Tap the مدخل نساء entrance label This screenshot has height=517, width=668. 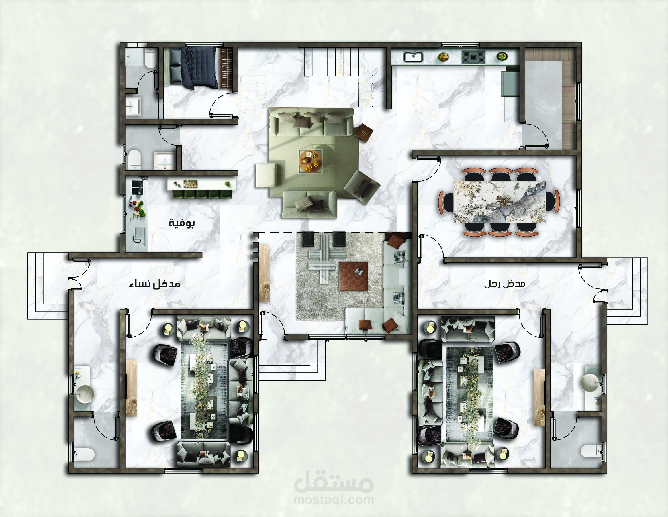[154, 284]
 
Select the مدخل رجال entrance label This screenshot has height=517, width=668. [505, 284]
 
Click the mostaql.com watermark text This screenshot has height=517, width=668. [334, 500]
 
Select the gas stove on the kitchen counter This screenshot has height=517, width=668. [473, 57]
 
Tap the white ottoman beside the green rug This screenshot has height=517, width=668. [266, 175]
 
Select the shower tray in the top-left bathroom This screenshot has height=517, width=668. [134, 57]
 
